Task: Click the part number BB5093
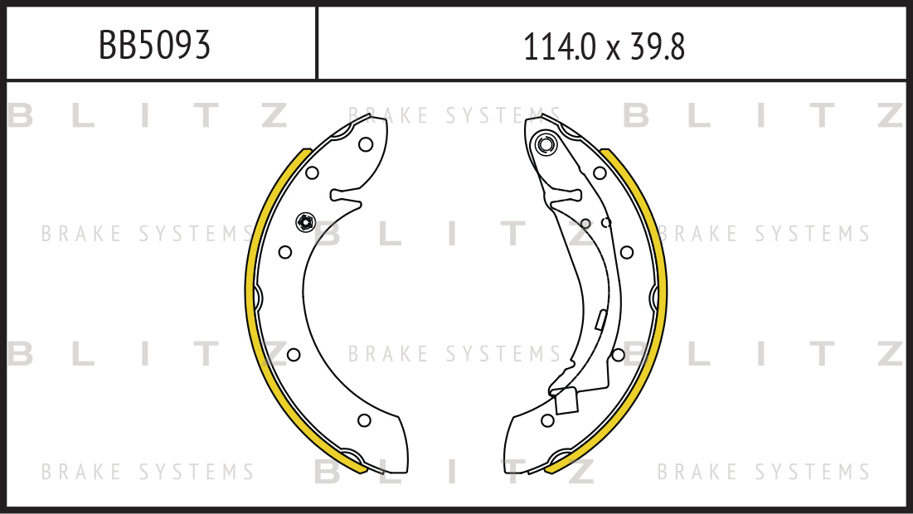[x=154, y=46]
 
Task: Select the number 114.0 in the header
[x=560, y=47]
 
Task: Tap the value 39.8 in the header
[x=658, y=47]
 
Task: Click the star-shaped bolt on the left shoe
[x=305, y=222]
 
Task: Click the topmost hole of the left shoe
[x=366, y=144]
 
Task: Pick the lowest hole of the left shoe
[x=365, y=419]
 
